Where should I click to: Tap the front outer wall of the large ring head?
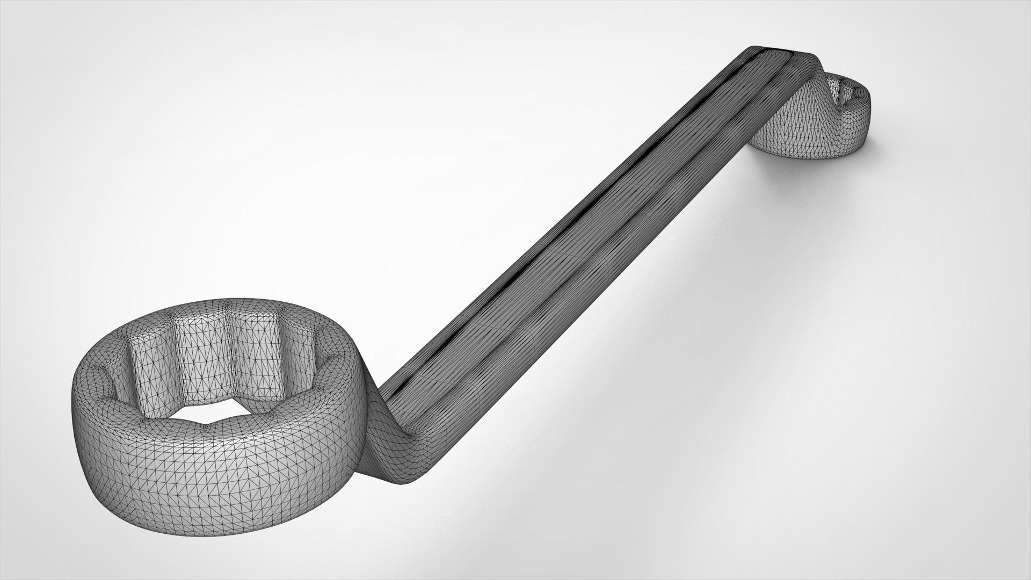(215, 483)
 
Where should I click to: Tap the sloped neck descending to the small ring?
(805, 107)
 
